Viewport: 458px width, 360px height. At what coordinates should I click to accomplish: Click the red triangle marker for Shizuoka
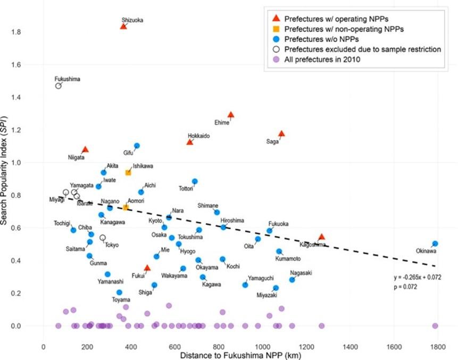(123, 26)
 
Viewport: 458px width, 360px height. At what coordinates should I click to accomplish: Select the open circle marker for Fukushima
(59, 86)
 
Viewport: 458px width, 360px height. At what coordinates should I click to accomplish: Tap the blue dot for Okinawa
(435, 244)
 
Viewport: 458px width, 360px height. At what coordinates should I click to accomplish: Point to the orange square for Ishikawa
(128, 172)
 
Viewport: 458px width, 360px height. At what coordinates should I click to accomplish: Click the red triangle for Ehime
(231, 114)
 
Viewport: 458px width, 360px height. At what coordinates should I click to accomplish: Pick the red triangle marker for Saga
(282, 133)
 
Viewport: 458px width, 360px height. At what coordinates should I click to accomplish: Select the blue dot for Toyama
(119, 292)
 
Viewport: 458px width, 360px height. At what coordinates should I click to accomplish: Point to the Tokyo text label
(112, 245)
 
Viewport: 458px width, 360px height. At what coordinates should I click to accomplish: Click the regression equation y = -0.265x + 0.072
(417, 278)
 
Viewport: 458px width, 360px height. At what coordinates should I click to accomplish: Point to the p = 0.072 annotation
(405, 287)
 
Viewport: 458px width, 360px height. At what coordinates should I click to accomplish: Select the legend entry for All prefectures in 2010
(322, 60)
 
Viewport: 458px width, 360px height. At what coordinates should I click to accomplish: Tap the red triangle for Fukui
(147, 267)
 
